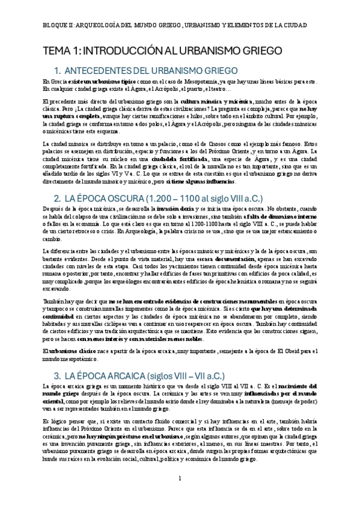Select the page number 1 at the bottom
click(180, 478)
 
